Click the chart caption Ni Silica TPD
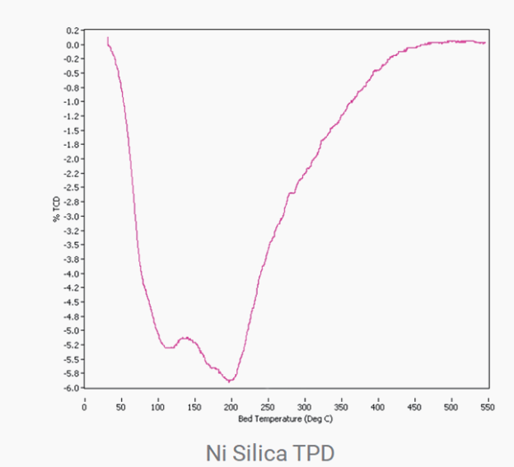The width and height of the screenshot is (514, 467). click(x=269, y=451)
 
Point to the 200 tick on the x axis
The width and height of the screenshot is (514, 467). click(x=231, y=406)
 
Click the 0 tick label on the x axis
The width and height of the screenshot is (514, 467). click(x=84, y=406)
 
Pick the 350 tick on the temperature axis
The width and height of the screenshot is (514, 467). click(x=341, y=406)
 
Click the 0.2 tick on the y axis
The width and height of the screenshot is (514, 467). click(x=72, y=30)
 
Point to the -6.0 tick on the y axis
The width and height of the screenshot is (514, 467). click(x=72, y=388)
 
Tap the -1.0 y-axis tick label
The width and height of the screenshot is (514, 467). click(x=72, y=102)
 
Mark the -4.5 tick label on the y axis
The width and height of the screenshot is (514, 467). click(x=72, y=302)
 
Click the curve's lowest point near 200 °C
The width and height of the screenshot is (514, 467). click(x=230, y=381)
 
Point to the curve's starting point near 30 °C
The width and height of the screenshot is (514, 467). click(x=107, y=37)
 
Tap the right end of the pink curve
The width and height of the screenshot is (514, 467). click(x=485, y=42)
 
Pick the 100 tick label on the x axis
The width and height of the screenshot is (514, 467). click(x=157, y=406)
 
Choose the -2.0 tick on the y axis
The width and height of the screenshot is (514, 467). click(x=72, y=159)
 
